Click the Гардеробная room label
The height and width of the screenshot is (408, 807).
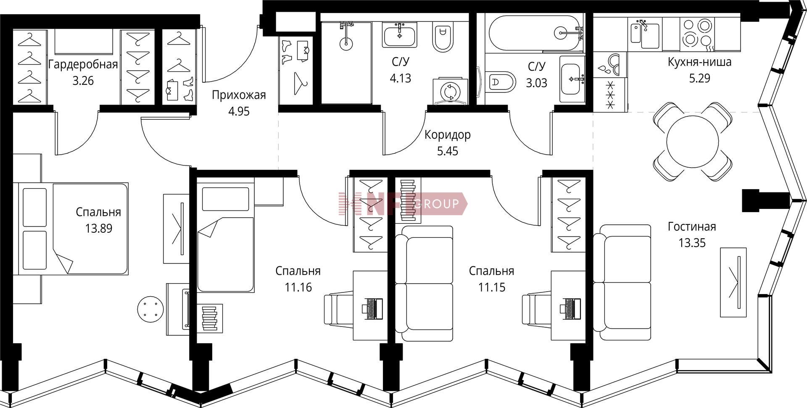(x=83, y=65)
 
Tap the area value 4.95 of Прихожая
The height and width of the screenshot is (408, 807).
(x=239, y=111)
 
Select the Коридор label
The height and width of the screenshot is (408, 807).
(x=448, y=135)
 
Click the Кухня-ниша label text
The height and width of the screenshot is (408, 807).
(x=699, y=62)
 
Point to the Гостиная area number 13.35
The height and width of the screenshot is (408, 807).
(x=692, y=243)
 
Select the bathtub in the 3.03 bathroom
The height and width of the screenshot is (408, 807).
(x=535, y=33)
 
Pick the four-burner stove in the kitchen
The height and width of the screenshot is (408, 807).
(x=696, y=33)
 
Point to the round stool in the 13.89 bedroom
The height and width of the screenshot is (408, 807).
(x=150, y=309)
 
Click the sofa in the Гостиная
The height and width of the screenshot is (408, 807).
(x=622, y=282)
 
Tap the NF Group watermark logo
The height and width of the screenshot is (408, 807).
(x=403, y=204)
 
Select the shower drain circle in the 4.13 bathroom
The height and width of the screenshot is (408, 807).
(x=345, y=42)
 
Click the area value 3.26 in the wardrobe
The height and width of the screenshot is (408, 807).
(x=83, y=81)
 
